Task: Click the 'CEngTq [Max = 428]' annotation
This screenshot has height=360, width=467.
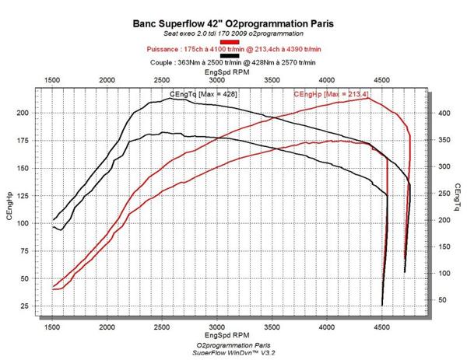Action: tap(203, 94)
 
